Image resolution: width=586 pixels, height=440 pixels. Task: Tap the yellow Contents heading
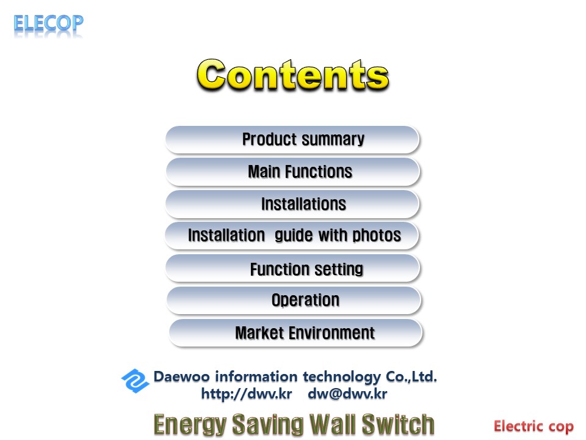coord(293,75)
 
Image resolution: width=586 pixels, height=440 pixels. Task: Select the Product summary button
coord(292,139)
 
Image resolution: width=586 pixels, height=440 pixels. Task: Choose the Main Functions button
coord(292,172)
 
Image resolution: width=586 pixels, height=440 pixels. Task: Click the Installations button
coord(292,204)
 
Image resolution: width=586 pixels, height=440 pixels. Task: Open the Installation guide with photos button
coord(292,236)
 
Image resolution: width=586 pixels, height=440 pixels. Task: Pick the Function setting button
coord(292,268)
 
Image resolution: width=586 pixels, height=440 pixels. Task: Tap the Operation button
coord(294,301)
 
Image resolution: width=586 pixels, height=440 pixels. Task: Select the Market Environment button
coord(295,333)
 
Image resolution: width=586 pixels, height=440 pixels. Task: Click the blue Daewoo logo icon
coord(135,381)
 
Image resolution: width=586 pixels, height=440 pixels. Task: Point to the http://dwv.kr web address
coord(246,394)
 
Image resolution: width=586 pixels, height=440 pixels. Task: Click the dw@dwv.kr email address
coord(347,394)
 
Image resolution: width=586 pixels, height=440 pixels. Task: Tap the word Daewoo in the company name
coord(182,376)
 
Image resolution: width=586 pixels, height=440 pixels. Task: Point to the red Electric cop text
coord(534,427)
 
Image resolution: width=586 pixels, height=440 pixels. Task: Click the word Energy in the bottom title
coord(190,425)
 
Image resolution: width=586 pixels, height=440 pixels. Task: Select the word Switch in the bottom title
coord(398,424)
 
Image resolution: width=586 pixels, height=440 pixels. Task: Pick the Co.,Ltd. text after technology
coord(411,376)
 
